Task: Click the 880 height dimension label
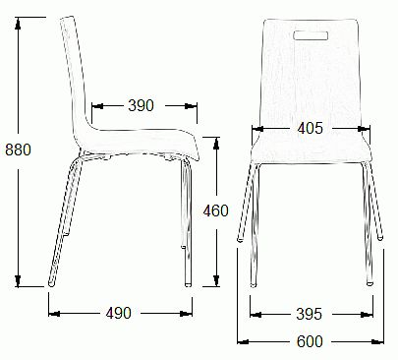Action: [x=18, y=150]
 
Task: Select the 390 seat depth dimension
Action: [x=141, y=105]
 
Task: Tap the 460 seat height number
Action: [x=215, y=210]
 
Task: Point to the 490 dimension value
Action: [x=119, y=313]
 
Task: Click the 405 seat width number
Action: [x=311, y=128]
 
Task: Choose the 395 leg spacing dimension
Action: [x=310, y=314]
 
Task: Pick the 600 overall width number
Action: [x=310, y=341]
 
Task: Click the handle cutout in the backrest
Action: [x=311, y=35]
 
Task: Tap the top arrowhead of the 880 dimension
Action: [x=18, y=23]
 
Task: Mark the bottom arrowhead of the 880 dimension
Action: [x=18, y=281]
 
